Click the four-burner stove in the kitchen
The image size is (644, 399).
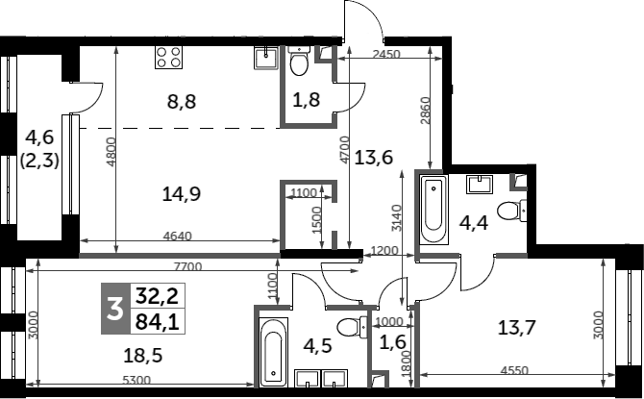[x=168, y=57]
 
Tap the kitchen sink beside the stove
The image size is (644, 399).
[x=266, y=57]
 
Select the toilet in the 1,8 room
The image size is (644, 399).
[x=299, y=61]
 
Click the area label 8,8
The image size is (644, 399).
[x=182, y=101]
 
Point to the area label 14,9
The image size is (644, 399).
[x=181, y=193]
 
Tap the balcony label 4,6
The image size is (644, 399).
[x=39, y=137]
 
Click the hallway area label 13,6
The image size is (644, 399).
[x=374, y=157]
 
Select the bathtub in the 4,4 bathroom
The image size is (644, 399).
[x=433, y=210]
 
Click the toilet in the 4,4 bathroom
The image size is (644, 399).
[x=511, y=211]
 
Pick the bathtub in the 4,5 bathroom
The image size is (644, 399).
[x=274, y=352]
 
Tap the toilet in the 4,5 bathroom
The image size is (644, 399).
[x=352, y=328]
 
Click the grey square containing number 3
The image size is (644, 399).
[x=115, y=309]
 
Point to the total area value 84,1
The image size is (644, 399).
[x=158, y=322]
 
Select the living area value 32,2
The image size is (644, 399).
[x=158, y=296]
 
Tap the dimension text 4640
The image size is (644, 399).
[x=178, y=237]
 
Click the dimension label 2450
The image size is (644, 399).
[x=386, y=54]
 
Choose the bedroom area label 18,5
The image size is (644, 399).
[x=143, y=355]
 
